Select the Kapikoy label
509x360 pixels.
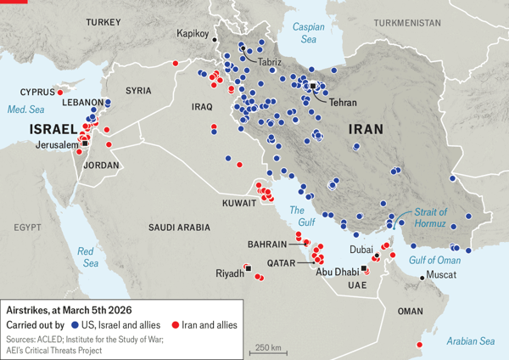(x=193, y=33)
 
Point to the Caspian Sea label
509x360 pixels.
(x=308, y=32)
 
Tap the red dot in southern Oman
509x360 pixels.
(x=419, y=344)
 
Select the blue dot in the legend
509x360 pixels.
(x=75, y=325)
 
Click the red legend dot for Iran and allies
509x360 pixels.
(x=175, y=325)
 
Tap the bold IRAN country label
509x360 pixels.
(x=366, y=130)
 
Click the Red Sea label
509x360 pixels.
(x=87, y=257)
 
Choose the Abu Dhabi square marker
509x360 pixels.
(x=364, y=268)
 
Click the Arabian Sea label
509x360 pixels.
(x=468, y=340)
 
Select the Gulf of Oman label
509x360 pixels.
(x=434, y=260)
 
